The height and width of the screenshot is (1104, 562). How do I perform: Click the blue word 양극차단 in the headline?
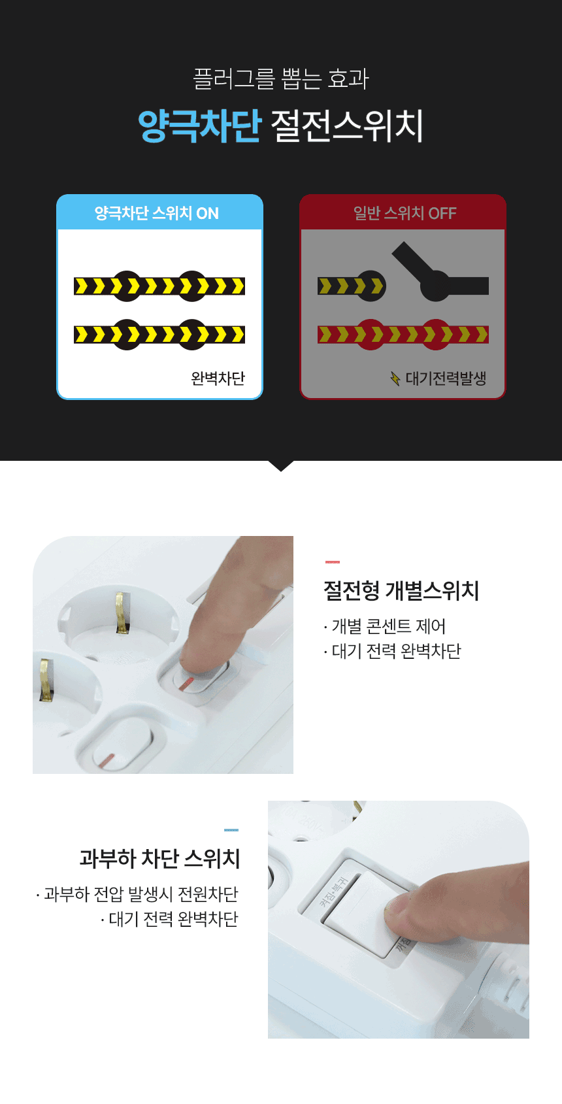click(199, 125)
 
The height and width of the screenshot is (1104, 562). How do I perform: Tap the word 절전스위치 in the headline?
click(347, 125)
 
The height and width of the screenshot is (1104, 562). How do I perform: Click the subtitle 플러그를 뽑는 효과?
click(281, 79)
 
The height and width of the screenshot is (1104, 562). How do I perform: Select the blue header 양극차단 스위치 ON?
click(157, 213)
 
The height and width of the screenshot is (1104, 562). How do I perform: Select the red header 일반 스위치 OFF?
click(405, 213)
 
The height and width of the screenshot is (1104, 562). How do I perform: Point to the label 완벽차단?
click(218, 378)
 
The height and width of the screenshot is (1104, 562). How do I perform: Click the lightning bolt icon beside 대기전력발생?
click(395, 378)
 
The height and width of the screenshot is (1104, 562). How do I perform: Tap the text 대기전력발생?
click(446, 378)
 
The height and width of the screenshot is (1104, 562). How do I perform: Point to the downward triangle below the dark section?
click(281, 466)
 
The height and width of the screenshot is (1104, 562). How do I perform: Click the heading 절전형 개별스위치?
click(401, 590)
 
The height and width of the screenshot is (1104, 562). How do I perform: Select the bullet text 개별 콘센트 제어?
click(389, 626)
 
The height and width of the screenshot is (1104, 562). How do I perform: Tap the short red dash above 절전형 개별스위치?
click(333, 562)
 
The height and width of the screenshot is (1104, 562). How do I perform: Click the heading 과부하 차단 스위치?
click(159, 858)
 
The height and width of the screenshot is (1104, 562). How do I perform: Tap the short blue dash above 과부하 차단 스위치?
click(231, 830)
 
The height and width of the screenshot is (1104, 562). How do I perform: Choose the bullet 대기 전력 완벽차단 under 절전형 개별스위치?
click(396, 651)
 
